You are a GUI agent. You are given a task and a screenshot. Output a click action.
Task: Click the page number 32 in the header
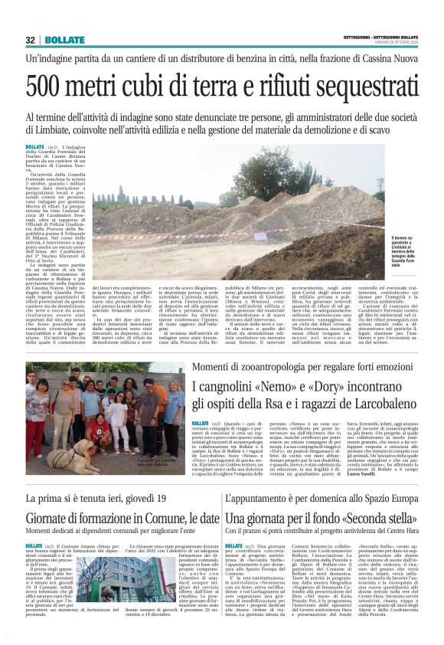point(30,40)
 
